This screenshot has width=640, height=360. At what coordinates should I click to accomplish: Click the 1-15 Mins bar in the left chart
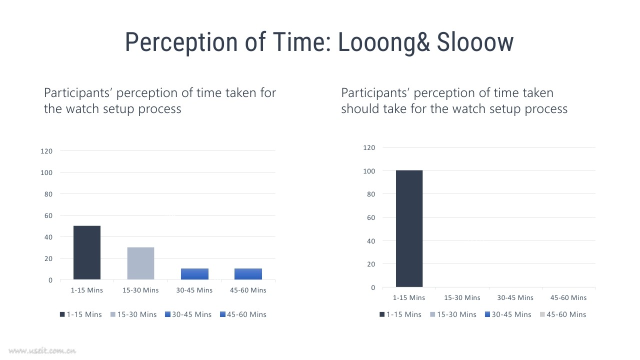[87, 252]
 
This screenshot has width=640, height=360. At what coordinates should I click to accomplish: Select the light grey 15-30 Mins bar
[140, 263]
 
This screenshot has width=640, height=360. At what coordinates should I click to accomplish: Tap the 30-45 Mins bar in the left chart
[194, 274]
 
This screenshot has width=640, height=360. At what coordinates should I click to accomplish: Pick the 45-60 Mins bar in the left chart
[248, 274]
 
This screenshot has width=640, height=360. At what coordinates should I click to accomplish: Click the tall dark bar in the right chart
[409, 228]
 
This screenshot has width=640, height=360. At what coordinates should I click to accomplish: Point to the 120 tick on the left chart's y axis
[46, 151]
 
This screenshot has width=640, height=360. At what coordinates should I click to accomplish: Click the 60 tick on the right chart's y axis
[371, 217]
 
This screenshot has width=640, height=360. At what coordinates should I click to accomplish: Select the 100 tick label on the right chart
[369, 171]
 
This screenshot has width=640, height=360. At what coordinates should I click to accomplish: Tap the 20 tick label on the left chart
[48, 258]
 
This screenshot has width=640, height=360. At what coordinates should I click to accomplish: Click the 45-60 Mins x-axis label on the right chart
[568, 297]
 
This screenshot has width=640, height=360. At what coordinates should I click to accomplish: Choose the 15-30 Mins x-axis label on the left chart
[140, 290]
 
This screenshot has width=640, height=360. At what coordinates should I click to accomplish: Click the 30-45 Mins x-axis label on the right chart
[515, 297]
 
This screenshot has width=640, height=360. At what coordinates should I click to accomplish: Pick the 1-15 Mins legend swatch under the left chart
[62, 314]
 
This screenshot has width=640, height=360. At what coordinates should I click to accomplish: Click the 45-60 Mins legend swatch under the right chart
[542, 314]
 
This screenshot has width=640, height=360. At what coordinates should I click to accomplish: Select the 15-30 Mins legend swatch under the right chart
[432, 314]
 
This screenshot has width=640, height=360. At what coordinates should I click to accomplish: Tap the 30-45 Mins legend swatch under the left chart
[167, 314]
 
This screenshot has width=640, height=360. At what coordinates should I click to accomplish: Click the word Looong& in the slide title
[384, 43]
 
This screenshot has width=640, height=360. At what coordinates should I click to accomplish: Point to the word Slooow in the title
[475, 42]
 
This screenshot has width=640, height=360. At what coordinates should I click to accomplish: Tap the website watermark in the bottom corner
[42, 350]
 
